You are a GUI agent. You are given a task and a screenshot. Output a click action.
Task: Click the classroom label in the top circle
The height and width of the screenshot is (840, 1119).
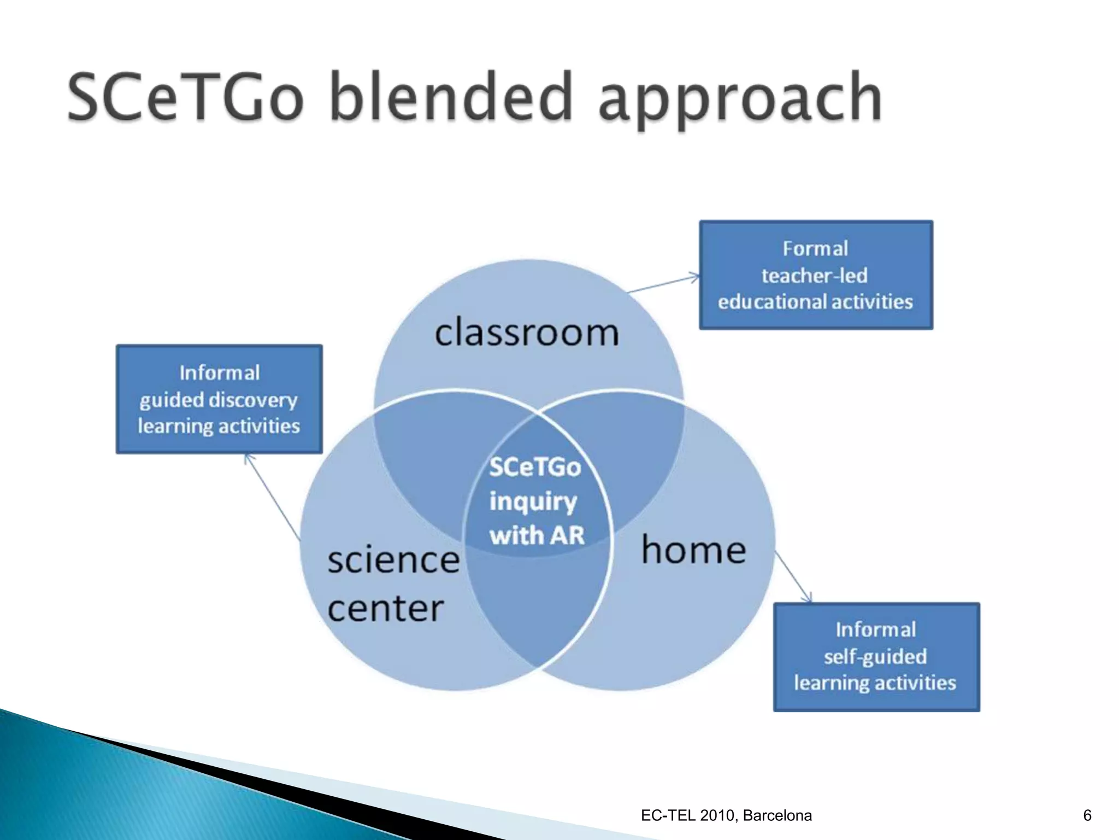[527, 332]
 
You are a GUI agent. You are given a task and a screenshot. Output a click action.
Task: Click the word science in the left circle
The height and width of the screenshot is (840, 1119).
[393, 561]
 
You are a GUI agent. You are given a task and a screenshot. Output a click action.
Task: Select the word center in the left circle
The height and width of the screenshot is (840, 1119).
[385, 609]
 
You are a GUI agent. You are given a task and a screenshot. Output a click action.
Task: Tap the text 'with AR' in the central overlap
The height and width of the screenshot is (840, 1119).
[537, 535]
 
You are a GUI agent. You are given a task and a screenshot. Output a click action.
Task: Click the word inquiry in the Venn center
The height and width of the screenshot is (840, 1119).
[533, 501]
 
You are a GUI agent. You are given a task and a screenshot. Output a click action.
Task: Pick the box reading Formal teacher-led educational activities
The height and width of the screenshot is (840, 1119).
[816, 275]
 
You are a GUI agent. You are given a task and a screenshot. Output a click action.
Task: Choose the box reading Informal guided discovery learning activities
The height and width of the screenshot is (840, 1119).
[219, 399]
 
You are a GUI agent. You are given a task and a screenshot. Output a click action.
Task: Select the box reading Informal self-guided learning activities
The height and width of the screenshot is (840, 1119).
[876, 657]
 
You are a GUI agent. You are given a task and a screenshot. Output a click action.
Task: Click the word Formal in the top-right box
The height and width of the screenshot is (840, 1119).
[815, 249]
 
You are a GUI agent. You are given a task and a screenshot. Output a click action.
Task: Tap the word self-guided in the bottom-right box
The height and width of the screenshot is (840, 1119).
[875, 656]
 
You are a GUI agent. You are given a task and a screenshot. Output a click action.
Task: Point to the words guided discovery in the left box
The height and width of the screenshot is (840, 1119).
[219, 400]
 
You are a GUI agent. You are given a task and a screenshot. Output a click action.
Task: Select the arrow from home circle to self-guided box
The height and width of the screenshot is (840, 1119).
[793, 576]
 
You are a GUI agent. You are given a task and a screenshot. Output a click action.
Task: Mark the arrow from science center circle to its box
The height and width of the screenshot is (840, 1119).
[273, 497]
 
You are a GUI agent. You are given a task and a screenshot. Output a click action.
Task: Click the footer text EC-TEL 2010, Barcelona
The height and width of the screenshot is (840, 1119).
[726, 815]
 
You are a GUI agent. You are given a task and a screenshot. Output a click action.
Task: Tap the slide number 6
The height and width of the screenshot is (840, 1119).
[1087, 815]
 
